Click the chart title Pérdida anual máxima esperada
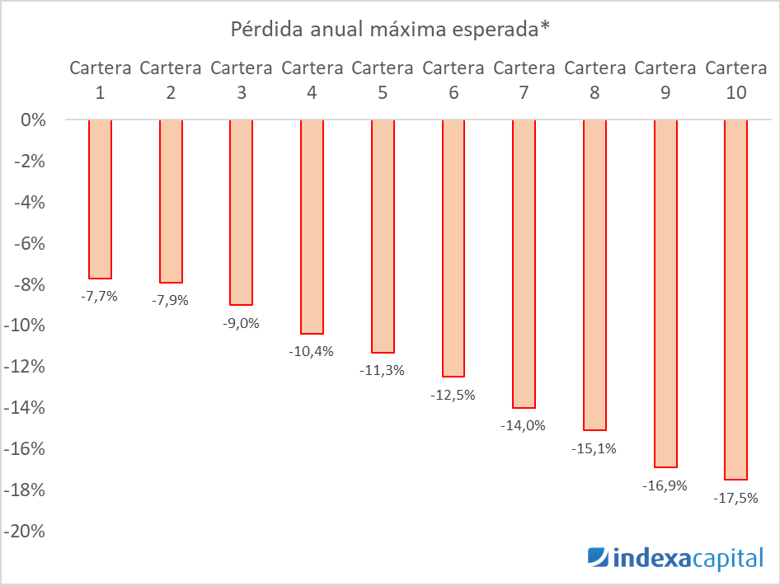[389, 30]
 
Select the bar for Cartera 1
[100, 199]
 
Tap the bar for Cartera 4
[312, 227]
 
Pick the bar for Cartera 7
[524, 264]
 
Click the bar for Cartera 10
[735, 299]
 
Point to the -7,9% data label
[170, 300]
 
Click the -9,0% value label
[241, 323]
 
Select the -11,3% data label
[382, 370]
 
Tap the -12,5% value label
[453, 395]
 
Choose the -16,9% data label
[665, 485]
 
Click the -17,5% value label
[735, 498]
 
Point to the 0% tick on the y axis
[34, 120]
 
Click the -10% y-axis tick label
[28, 326]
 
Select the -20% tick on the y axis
[28, 532]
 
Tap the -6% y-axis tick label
[31, 243]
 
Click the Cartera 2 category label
[170, 80]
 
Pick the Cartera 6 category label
[453, 80]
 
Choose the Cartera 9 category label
[665, 80]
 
